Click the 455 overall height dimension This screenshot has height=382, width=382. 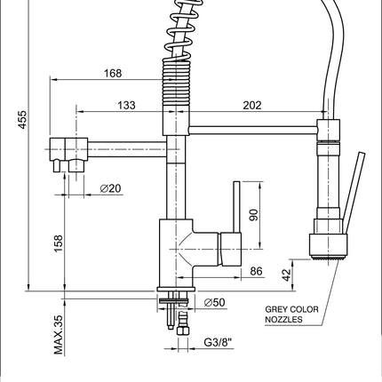[23, 120]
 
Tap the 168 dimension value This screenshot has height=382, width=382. [113, 73]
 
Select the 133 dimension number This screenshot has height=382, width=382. [127, 105]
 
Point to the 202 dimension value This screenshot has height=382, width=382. [252, 105]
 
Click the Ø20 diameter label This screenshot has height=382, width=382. [110, 188]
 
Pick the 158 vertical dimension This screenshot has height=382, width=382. [59, 243]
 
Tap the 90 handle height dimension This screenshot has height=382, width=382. [254, 215]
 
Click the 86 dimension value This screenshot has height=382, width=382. [257, 271]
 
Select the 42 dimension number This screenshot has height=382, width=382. [287, 275]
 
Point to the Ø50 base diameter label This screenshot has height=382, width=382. [215, 302]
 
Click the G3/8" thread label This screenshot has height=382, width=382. [218, 342]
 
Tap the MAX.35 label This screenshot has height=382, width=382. [59, 335]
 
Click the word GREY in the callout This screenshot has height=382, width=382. [276, 309]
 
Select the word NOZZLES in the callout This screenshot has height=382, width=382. [283, 320]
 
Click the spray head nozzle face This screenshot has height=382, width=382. [328, 259]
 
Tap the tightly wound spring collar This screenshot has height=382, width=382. [176, 82]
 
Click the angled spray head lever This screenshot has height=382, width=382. [354, 193]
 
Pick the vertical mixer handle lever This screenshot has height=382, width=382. [237, 207]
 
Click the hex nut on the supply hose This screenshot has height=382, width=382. [183, 330]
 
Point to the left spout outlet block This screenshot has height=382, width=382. [68, 149]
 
